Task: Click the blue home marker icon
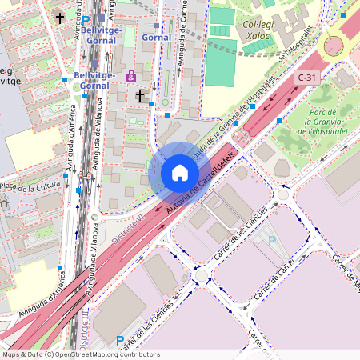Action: tap(180, 173)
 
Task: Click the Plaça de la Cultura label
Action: tap(30, 187)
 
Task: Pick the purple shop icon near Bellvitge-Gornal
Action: tap(131, 76)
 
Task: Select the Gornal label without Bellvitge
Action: tap(156, 37)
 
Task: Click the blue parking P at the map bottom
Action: tap(120, 341)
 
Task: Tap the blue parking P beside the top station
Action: tap(86, 18)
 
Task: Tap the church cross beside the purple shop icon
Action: tap(140, 95)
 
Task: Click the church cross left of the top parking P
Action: tap(59, 17)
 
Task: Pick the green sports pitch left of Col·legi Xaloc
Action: tap(222, 16)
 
